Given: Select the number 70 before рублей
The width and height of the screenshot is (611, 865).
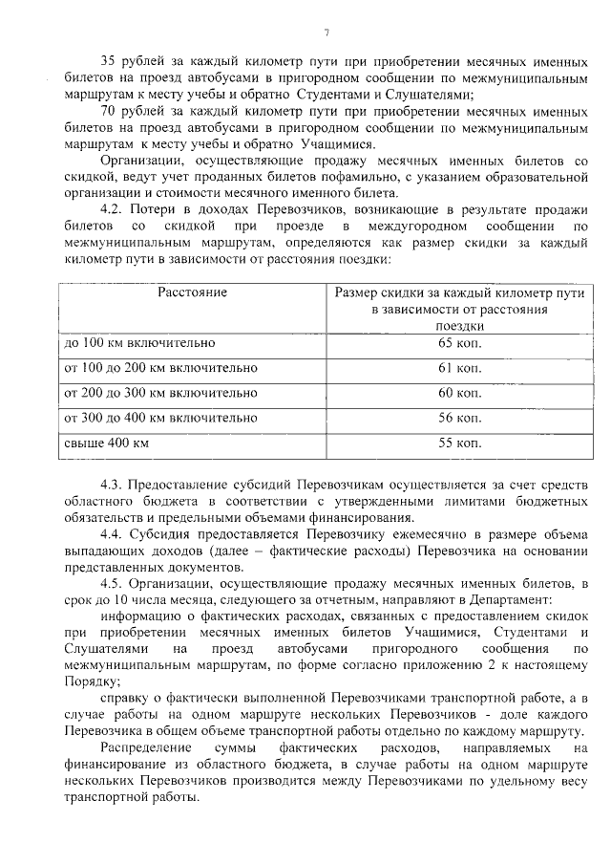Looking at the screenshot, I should click(x=108, y=111).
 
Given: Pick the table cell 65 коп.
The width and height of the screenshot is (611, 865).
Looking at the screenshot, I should click(x=460, y=342).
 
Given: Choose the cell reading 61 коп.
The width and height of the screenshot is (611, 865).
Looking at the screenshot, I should click(x=460, y=368).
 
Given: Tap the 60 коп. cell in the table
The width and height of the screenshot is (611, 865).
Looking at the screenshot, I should click(x=460, y=393).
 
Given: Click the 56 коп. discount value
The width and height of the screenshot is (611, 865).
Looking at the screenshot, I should click(x=460, y=418).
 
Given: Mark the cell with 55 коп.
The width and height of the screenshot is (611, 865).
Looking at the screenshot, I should click(x=460, y=443).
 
